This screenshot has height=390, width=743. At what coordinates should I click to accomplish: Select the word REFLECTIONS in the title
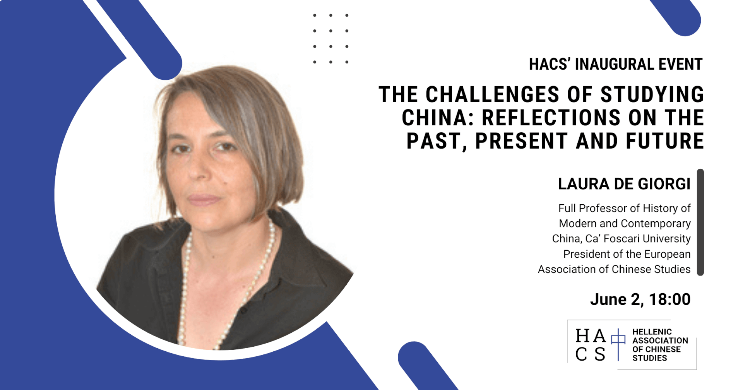click(551, 118)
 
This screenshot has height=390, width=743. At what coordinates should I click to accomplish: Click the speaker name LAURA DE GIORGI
click(624, 184)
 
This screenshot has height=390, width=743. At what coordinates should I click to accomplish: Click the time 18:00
click(670, 299)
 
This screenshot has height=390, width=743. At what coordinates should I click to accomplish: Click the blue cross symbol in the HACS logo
click(618, 344)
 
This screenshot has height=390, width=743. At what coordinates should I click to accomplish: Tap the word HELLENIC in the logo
click(652, 332)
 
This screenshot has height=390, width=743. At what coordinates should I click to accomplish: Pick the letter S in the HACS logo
click(600, 354)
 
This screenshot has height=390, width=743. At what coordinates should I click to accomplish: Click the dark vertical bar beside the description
click(700, 222)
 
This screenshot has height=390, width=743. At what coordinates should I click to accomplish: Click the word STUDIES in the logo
click(650, 358)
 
